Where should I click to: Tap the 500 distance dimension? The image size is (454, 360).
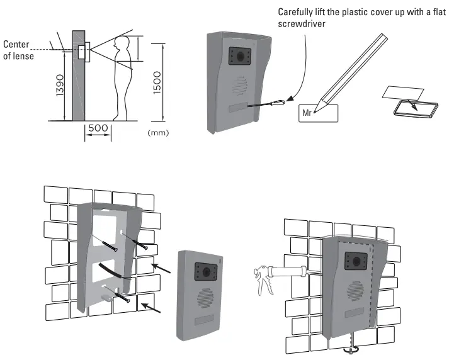click(x=98, y=128)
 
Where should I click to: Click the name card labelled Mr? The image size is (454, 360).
click(x=317, y=113)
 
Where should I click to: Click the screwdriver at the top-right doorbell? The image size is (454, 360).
click(x=264, y=103)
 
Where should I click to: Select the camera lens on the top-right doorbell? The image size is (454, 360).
click(x=240, y=57)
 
